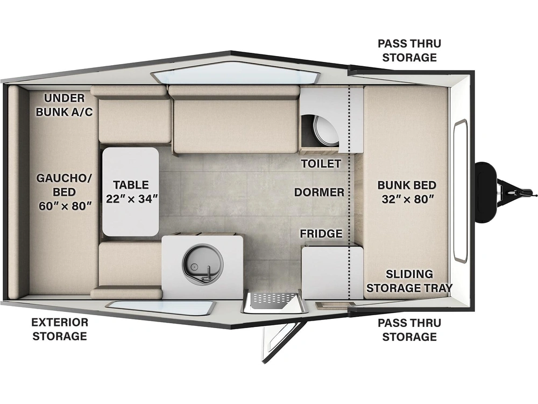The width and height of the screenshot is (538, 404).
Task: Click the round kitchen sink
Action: click(x=203, y=263)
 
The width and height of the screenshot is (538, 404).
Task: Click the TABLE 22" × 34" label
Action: click(x=131, y=191)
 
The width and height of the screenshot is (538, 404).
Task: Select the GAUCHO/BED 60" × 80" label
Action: click(x=65, y=192)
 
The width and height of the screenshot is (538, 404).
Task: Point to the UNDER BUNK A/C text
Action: click(x=64, y=105)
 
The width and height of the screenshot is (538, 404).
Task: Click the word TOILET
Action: click(x=321, y=164)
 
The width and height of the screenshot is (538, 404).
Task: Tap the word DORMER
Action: click(x=319, y=192)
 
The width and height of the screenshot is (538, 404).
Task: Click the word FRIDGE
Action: click(x=321, y=234)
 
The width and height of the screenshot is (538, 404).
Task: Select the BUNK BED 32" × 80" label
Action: click(x=407, y=192)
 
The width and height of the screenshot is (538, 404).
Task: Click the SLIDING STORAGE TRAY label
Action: click(x=409, y=281)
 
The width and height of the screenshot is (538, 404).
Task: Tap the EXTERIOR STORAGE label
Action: click(x=60, y=329)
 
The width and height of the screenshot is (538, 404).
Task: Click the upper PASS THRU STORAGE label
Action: click(x=409, y=50)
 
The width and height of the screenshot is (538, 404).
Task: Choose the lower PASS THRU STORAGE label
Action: click(x=409, y=330)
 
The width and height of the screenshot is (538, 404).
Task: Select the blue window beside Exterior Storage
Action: click(x=160, y=308)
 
